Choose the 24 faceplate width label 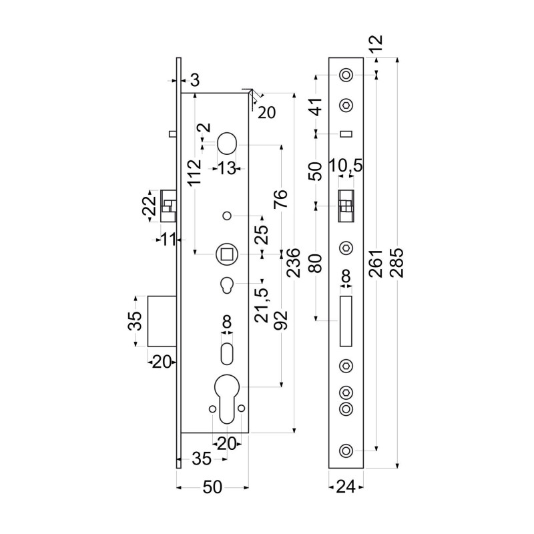pos(346,488)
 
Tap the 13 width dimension pos(227,168)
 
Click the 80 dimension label pos(316,262)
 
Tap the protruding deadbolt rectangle pos(161,320)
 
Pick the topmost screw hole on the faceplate pos(346,76)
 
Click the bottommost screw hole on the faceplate pos(346,451)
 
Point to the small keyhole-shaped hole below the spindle pos(227,285)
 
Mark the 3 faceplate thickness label pos(194,81)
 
